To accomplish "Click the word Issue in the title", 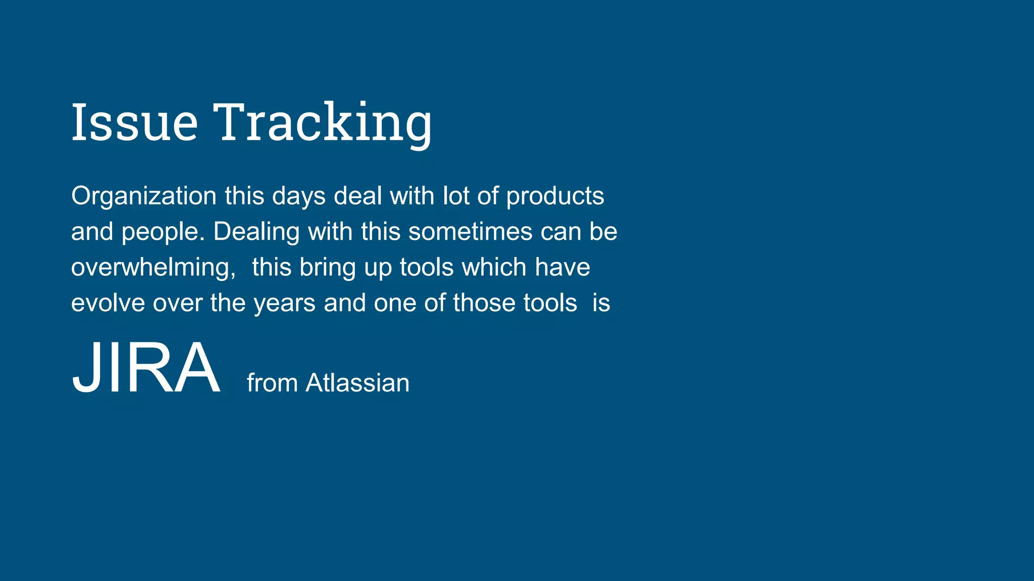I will pyautogui.click(x=134, y=122).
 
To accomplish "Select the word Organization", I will pyautogui.click(x=144, y=196).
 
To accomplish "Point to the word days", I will pyautogui.click(x=299, y=196).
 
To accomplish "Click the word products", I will pyautogui.click(x=555, y=196).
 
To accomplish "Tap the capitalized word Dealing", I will pyautogui.click(x=256, y=232).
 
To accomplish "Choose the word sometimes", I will pyautogui.click(x=471, y=232).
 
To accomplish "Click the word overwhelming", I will pyautogui.click(x=153, y=267).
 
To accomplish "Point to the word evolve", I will pyautogui.click(x=108, y=303).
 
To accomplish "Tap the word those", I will pyautogui.click(x=484, y=303).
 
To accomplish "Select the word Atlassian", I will pyautogui.click(x=357, y=383).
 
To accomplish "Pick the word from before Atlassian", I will pyautogui.click(x=272, y=383).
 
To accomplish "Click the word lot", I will pyautogui.click(x=455, y=196).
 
